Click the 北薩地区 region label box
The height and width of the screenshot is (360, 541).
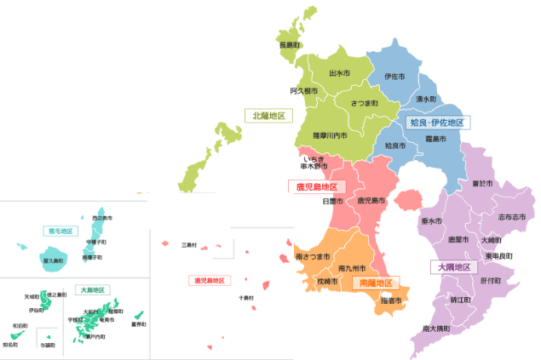(x=269, y=115)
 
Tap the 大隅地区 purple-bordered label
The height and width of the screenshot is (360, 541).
(x=453, y=266)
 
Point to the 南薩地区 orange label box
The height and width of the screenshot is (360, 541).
(x=376, y=283)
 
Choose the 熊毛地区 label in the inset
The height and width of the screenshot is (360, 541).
(x=60, y=231)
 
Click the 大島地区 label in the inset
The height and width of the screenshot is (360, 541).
(x=89, y=289)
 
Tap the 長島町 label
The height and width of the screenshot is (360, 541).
(x=290, y=44)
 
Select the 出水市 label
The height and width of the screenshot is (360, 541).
(x=340, y=74)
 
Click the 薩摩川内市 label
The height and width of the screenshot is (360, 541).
(x=330, y=134)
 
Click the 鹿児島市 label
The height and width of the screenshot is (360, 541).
(x=371, y=201)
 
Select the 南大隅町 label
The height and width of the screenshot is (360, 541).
(x=436, y=328)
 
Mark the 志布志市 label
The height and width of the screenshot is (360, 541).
(x=512, y=217)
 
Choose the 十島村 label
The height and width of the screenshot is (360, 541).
(x=246, y=298)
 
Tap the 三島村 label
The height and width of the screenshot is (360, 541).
(x=189, y=245)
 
